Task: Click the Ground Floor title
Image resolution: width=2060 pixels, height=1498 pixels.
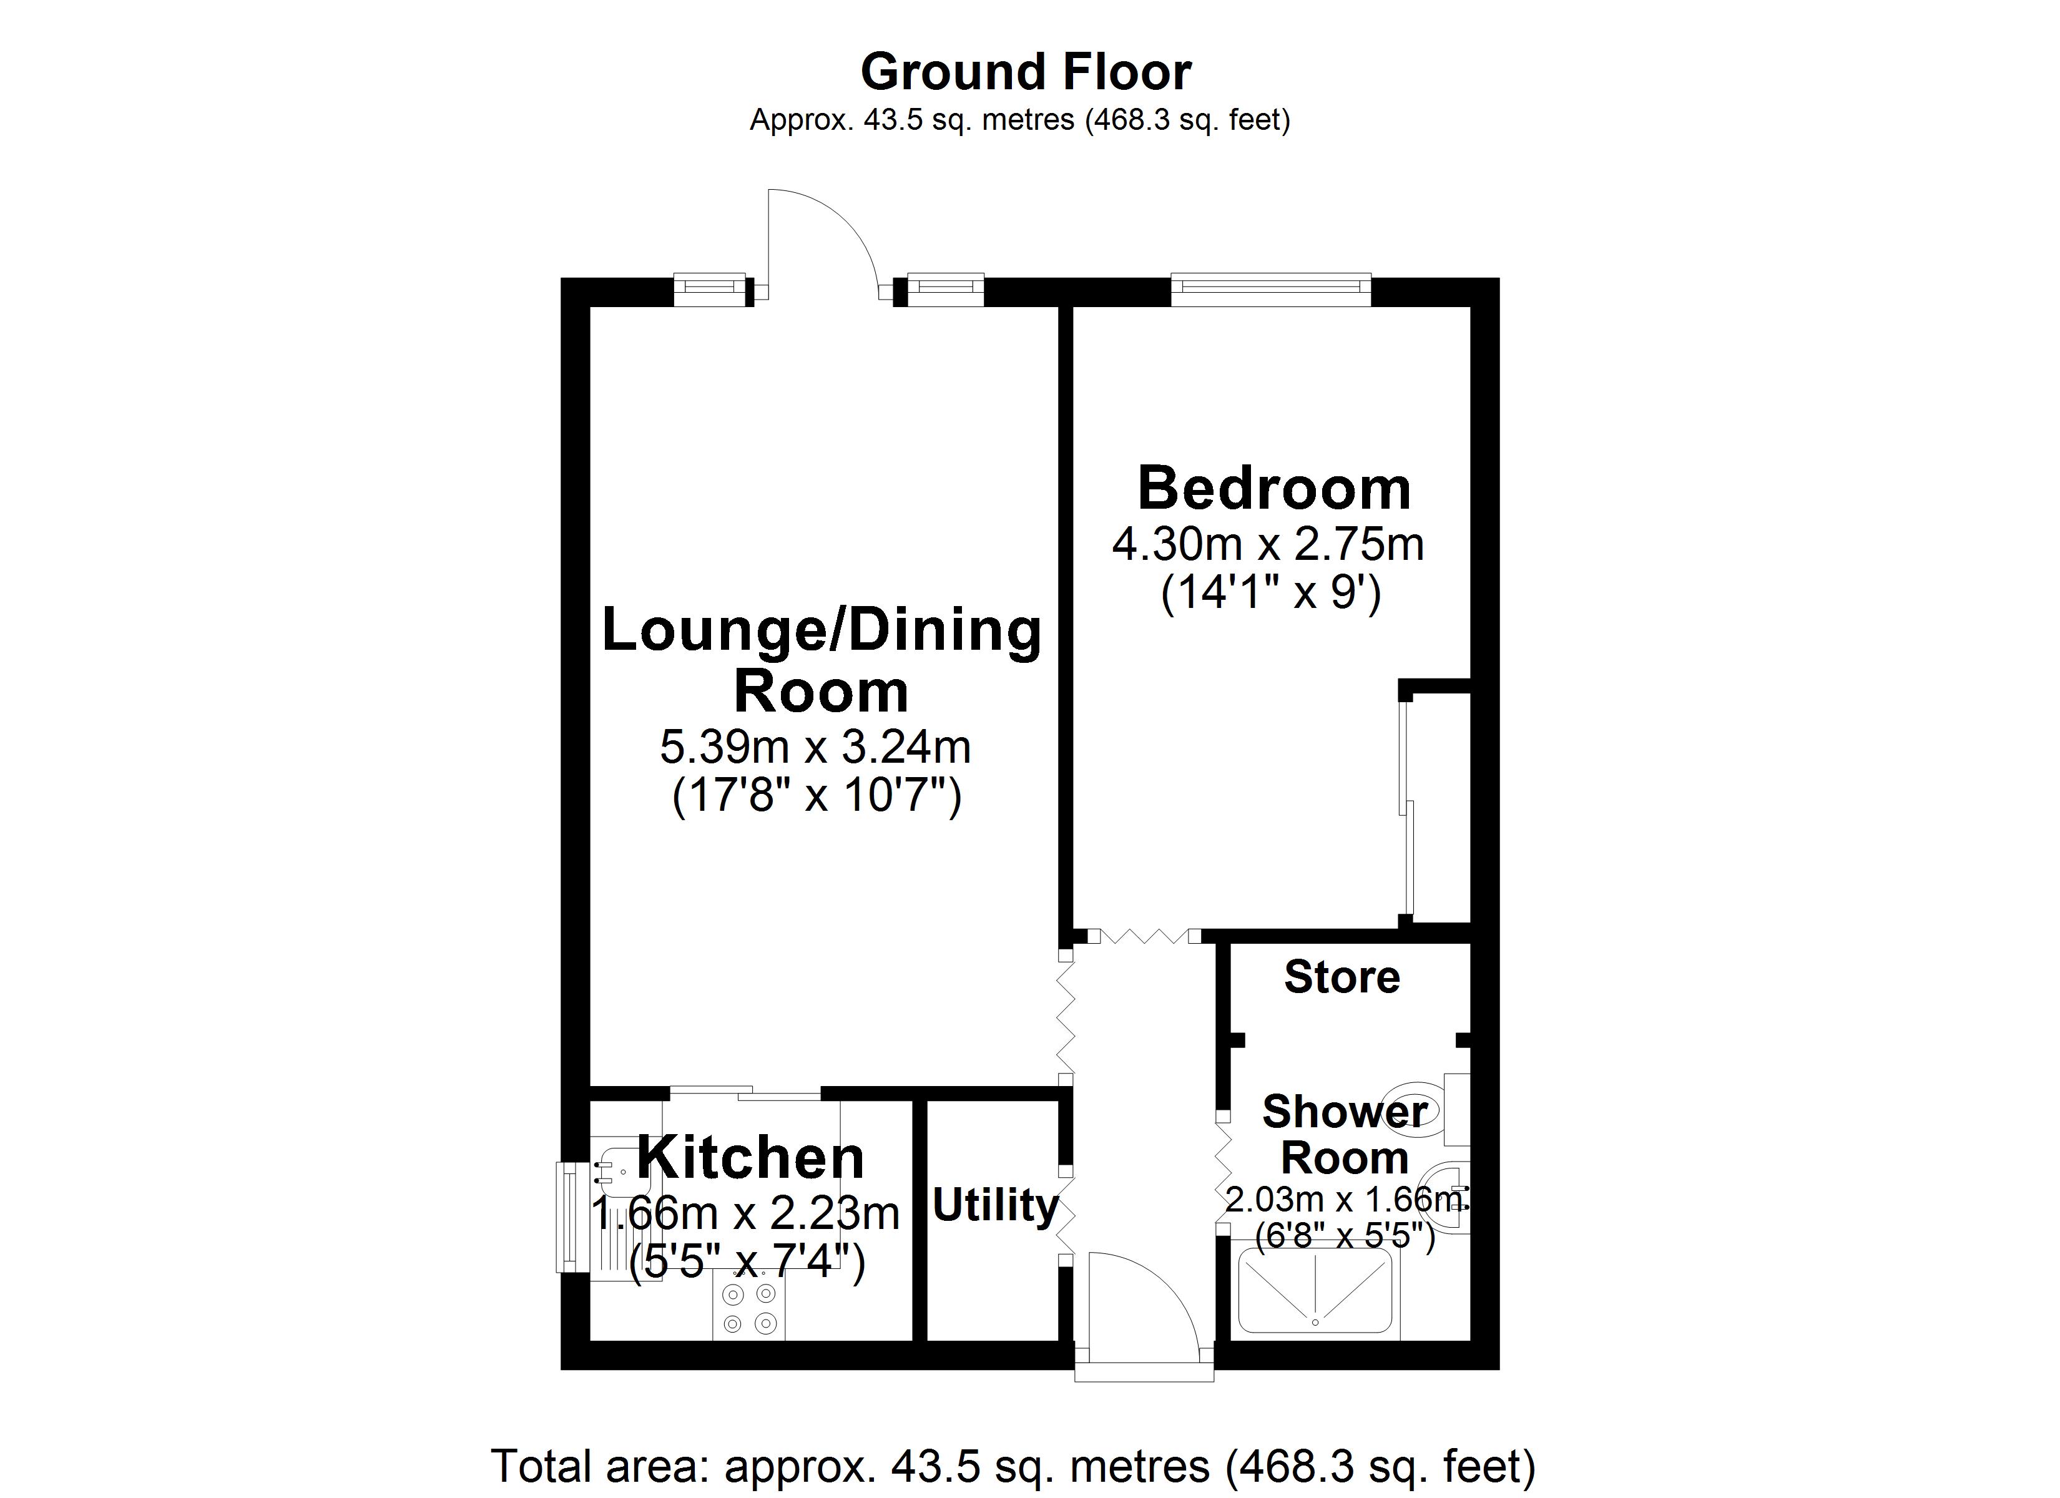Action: click(x=1026, y=72)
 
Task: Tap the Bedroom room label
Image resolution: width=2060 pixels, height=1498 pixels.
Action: click(x=1274, y=489)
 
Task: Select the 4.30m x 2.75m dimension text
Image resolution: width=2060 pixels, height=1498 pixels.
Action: click(x=1268, y=545)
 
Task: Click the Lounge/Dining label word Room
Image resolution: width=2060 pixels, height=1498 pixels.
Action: click(x=820, y=692)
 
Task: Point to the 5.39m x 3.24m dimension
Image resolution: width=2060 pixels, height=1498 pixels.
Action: click(x=815, y=748)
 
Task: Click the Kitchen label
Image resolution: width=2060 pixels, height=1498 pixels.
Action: click(x=750, y=1158)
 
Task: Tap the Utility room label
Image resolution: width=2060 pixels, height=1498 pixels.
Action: click(x=996, y=1205)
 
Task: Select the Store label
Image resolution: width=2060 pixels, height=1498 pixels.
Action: click(x=1341, y=977)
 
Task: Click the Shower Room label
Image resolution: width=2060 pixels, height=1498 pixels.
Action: click(x=1344, y=1135)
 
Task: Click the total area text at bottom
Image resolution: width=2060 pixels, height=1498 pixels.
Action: click(x=1013, y=1466)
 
